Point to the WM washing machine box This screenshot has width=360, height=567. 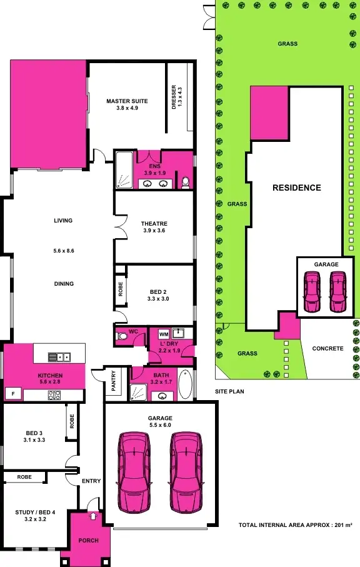click(x=164, y=334)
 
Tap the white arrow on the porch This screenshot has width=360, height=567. click(x=93, y=516)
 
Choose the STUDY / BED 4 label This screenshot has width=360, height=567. click(x=35, y=516)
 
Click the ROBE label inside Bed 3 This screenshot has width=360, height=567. click(x=72, y=422)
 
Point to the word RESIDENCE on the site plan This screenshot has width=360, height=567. click(x=296, y=188)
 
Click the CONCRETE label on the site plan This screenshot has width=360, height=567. click(x=327, y=349)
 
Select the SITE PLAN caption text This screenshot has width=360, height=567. click(x=229, y=391)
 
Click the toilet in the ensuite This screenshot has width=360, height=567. click(x=185, y=182)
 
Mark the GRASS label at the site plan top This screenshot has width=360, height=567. click(x=287, y=44)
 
